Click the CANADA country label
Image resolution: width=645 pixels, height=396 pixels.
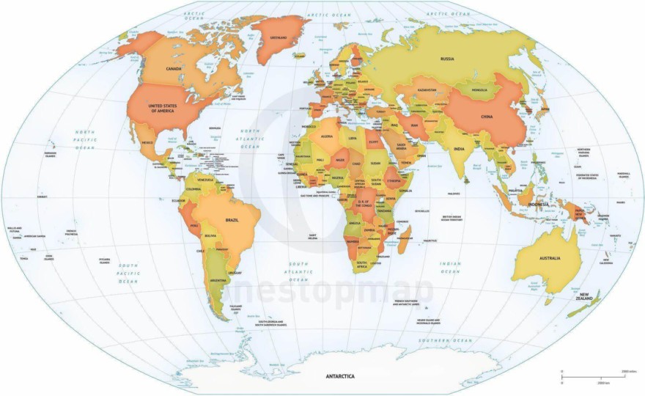174,69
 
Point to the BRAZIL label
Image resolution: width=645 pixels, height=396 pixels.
233,220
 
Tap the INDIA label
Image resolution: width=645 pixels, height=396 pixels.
459,150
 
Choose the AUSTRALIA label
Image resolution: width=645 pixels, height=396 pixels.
550,258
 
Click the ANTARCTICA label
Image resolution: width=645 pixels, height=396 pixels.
339,376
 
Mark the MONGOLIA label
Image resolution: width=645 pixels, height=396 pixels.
479,90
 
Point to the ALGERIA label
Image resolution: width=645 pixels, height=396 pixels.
328,137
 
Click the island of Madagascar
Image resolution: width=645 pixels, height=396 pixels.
404,238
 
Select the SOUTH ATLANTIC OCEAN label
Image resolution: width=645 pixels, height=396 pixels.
299,271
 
